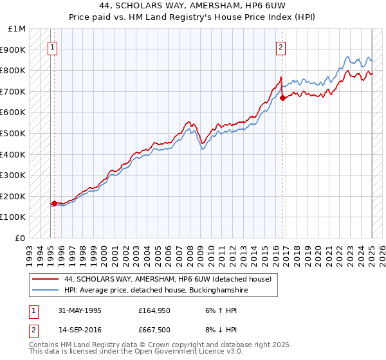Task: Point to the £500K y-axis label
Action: tap(14, 134)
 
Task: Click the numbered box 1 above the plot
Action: tap(52, 46)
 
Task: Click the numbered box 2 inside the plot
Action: tap(281, 46)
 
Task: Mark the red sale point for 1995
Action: tap(54, 204)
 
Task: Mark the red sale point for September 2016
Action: tap(283, 98)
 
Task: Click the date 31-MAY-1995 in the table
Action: tap(80, 310)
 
